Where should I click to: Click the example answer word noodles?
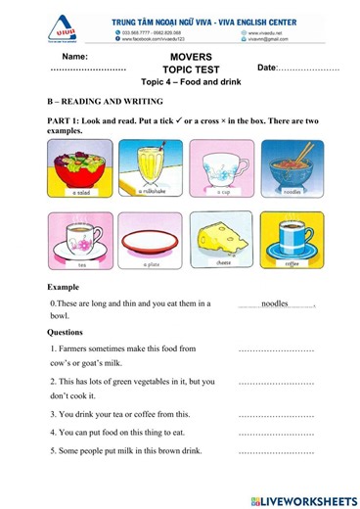[x=275, y=304]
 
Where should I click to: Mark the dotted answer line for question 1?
[x=276, y=349]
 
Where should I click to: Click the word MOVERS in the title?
[x=184, y=59]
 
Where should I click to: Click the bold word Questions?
[x=68, y=331]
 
